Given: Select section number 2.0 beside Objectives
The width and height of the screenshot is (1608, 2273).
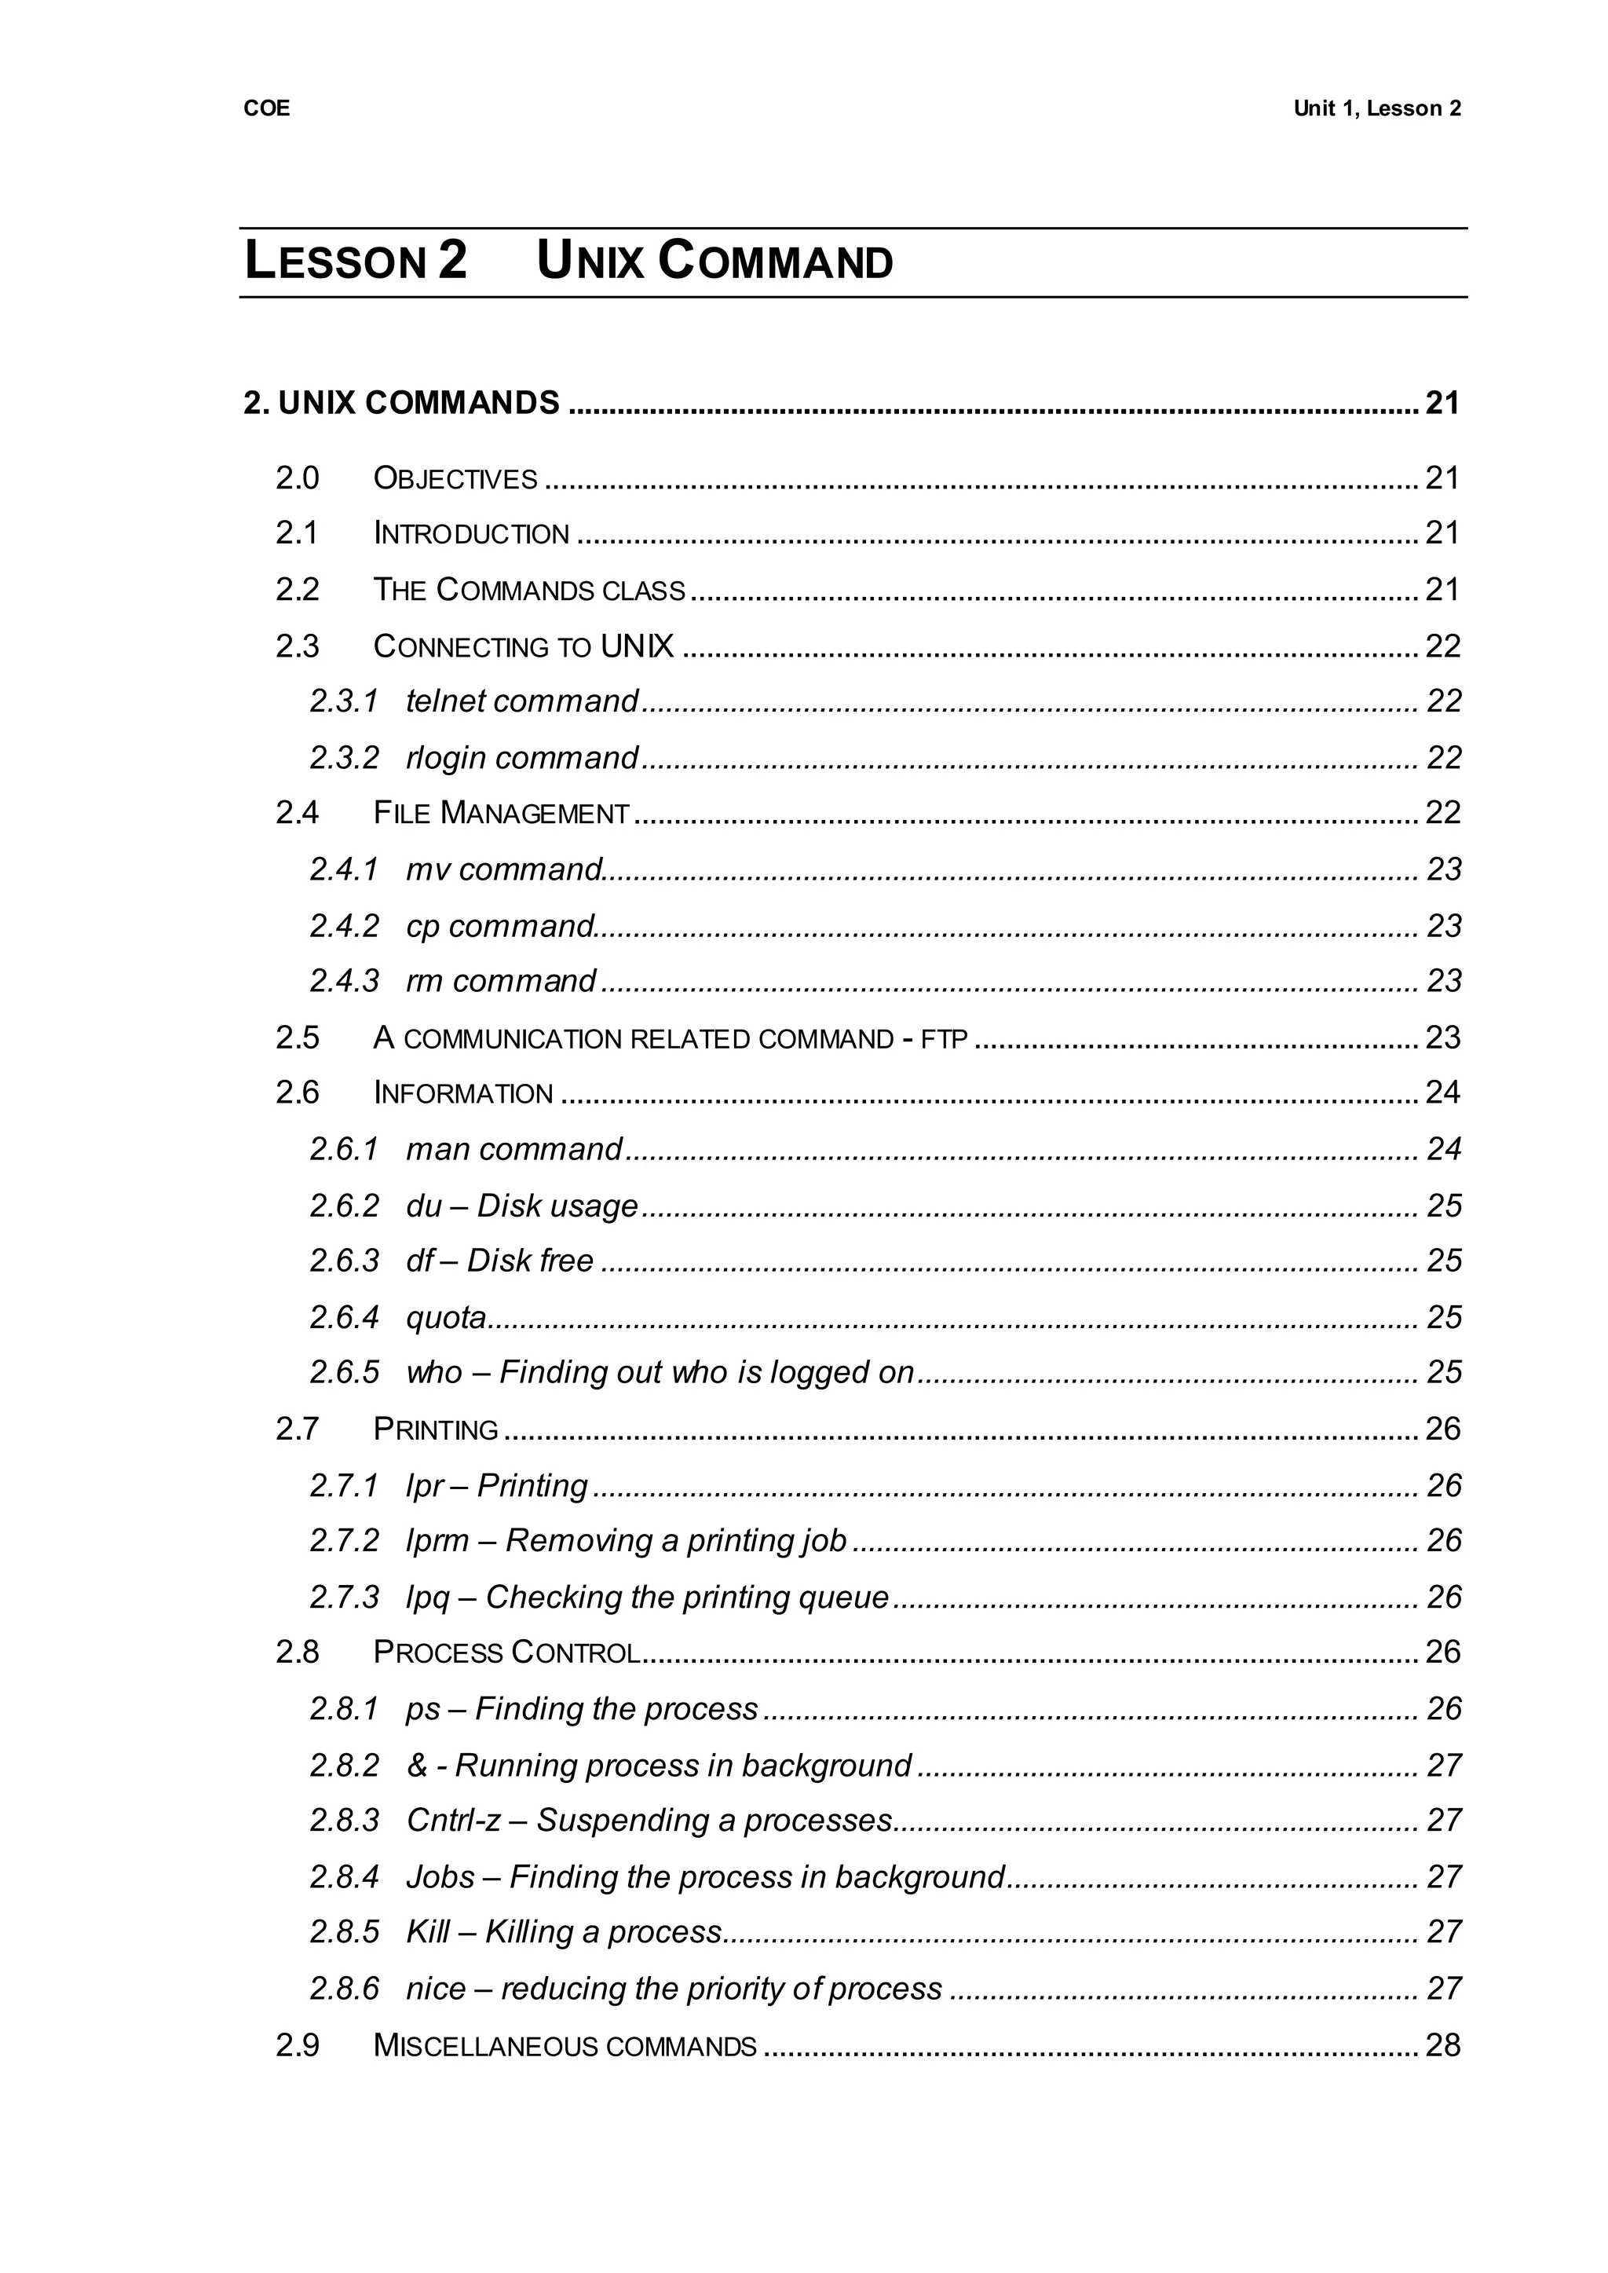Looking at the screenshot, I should [297, 478].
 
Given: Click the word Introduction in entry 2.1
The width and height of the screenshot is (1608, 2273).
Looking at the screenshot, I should [471, 534].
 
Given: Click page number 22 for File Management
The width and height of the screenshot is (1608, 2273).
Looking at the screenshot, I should [1442, 812].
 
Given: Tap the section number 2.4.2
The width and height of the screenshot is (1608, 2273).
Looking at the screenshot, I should [344, 926].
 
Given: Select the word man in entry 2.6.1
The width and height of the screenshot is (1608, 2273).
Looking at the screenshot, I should [437, 1150].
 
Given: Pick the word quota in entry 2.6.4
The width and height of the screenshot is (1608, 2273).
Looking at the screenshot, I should [445, 1318].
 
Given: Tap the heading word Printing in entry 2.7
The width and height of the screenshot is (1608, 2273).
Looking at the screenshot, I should [436, 1429].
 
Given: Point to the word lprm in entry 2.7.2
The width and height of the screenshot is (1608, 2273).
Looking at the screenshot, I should [437, 1541].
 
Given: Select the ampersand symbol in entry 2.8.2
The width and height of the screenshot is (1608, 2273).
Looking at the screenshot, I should [416, 1766].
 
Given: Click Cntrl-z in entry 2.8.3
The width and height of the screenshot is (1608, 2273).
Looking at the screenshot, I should [454, 1821].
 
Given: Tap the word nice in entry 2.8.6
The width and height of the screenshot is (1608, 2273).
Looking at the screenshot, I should [436, 1989].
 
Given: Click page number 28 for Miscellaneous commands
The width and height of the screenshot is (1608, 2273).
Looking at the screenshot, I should [1442, 2045].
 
